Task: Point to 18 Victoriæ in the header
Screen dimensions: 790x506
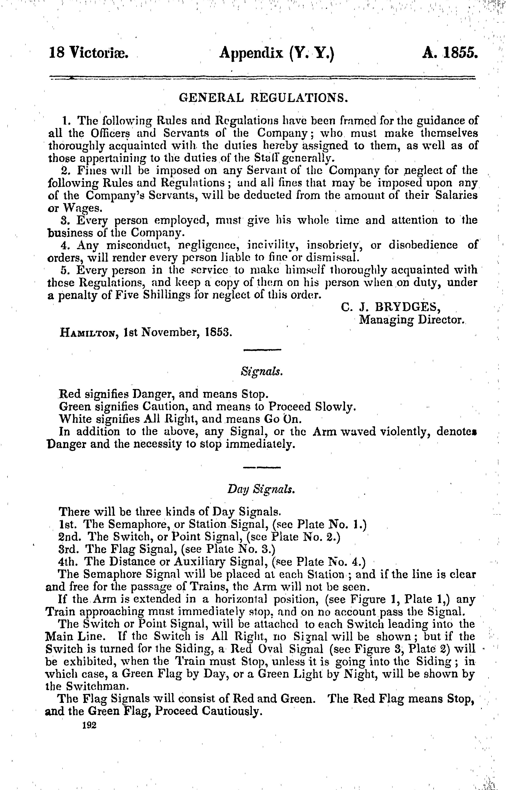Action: point(88,53)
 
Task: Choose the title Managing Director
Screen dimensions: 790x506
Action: point(411,319)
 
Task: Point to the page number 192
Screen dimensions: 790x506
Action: point(89,725)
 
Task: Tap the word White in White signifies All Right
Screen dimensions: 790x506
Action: point(75,419)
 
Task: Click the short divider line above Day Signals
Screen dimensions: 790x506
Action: point(262,468)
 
